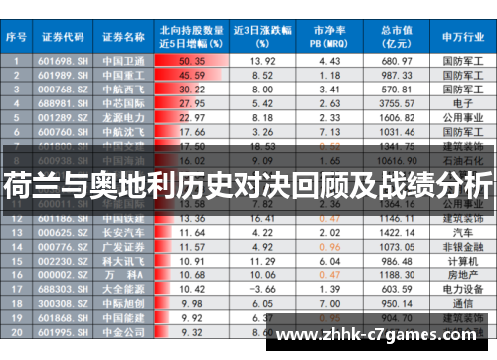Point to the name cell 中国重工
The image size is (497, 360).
123,75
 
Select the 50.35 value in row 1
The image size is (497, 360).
192,61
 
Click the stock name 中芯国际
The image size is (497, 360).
123,102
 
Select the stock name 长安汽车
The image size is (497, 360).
123,231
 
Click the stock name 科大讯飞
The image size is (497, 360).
123,261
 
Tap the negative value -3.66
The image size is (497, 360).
263,289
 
